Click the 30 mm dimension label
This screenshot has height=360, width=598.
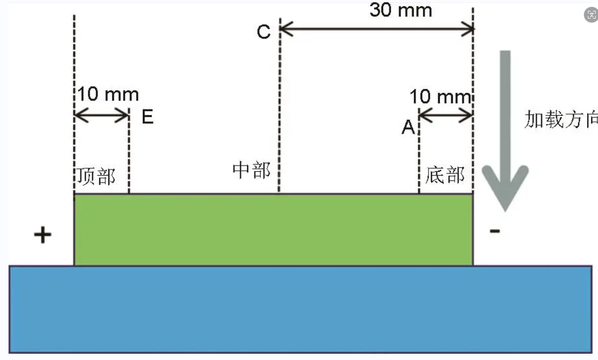coord(400,10)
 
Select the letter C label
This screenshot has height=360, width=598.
coord(264,32)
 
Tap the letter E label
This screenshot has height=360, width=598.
coord(147,117)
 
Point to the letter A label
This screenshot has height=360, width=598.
coord(408,128)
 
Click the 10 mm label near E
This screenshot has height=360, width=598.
coord(108,94)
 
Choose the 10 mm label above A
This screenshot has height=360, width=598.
coord(440,96)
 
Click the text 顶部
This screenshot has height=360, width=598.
coord(96,176)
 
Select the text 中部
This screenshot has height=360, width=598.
coord(251,170)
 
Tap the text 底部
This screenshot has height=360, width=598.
coord(445,175)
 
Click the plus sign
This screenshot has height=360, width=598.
coord(43,235)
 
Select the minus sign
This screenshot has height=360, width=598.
coord(495,231)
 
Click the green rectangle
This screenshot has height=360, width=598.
coord(273,230)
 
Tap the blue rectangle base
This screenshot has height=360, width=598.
coord(300,309)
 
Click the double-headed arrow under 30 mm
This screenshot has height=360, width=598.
coord(377,29)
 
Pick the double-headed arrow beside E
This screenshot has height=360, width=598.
coord(102,116)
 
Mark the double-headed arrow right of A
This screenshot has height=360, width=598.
coord(446,116)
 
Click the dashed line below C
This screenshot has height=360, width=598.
coord(279,113)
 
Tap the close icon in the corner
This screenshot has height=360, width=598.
coord(591,16)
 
